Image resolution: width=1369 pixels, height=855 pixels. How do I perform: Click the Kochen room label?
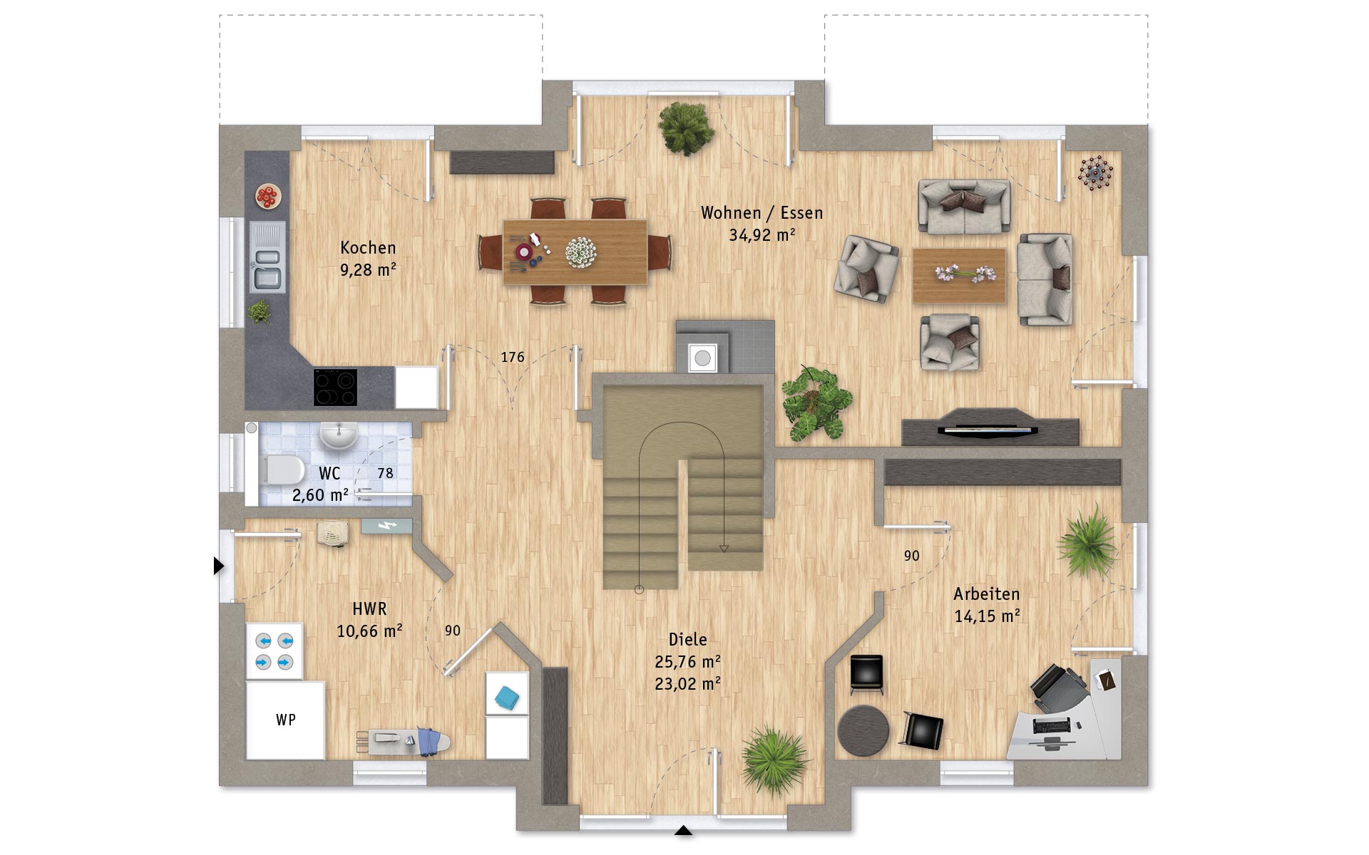(x=368, y=248)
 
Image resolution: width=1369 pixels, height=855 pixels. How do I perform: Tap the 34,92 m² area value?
(x=762, y=235)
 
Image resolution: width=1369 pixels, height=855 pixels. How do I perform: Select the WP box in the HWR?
(x=285, y=720)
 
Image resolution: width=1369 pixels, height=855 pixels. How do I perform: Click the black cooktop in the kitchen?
(x=335, y=388)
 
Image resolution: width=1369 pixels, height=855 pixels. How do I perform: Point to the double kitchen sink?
(x=267, y=256)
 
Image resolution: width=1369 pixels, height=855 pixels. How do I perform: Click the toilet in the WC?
(x=282, y=470)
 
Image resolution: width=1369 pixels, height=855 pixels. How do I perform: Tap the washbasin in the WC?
(x=339, y=435)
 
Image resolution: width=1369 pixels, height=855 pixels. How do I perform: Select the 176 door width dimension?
(x=513, y=357)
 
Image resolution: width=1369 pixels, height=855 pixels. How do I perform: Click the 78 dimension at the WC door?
(x=385, y=473)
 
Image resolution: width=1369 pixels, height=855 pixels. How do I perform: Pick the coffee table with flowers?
(x=959, y=275)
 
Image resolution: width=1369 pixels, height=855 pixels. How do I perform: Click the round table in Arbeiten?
(x=863, y=730)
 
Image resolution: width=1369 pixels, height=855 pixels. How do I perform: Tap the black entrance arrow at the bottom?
(x=683, y=830)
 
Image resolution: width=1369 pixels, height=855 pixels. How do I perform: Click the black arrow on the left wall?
(x=219, y=566)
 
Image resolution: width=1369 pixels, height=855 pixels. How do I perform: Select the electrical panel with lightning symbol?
(x=386, y=526)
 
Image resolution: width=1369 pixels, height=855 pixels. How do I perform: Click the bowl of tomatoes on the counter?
(x=268, y=196)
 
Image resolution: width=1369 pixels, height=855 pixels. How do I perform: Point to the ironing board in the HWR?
(x=404, y=741)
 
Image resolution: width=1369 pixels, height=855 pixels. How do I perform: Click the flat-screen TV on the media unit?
(x=988, y=429)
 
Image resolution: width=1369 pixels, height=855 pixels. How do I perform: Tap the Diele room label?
(x=688, y=640)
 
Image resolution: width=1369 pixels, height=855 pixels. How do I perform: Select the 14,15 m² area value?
(x=987, y=616)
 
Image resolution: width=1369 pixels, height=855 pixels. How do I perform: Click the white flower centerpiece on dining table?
(x=581, y=252)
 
